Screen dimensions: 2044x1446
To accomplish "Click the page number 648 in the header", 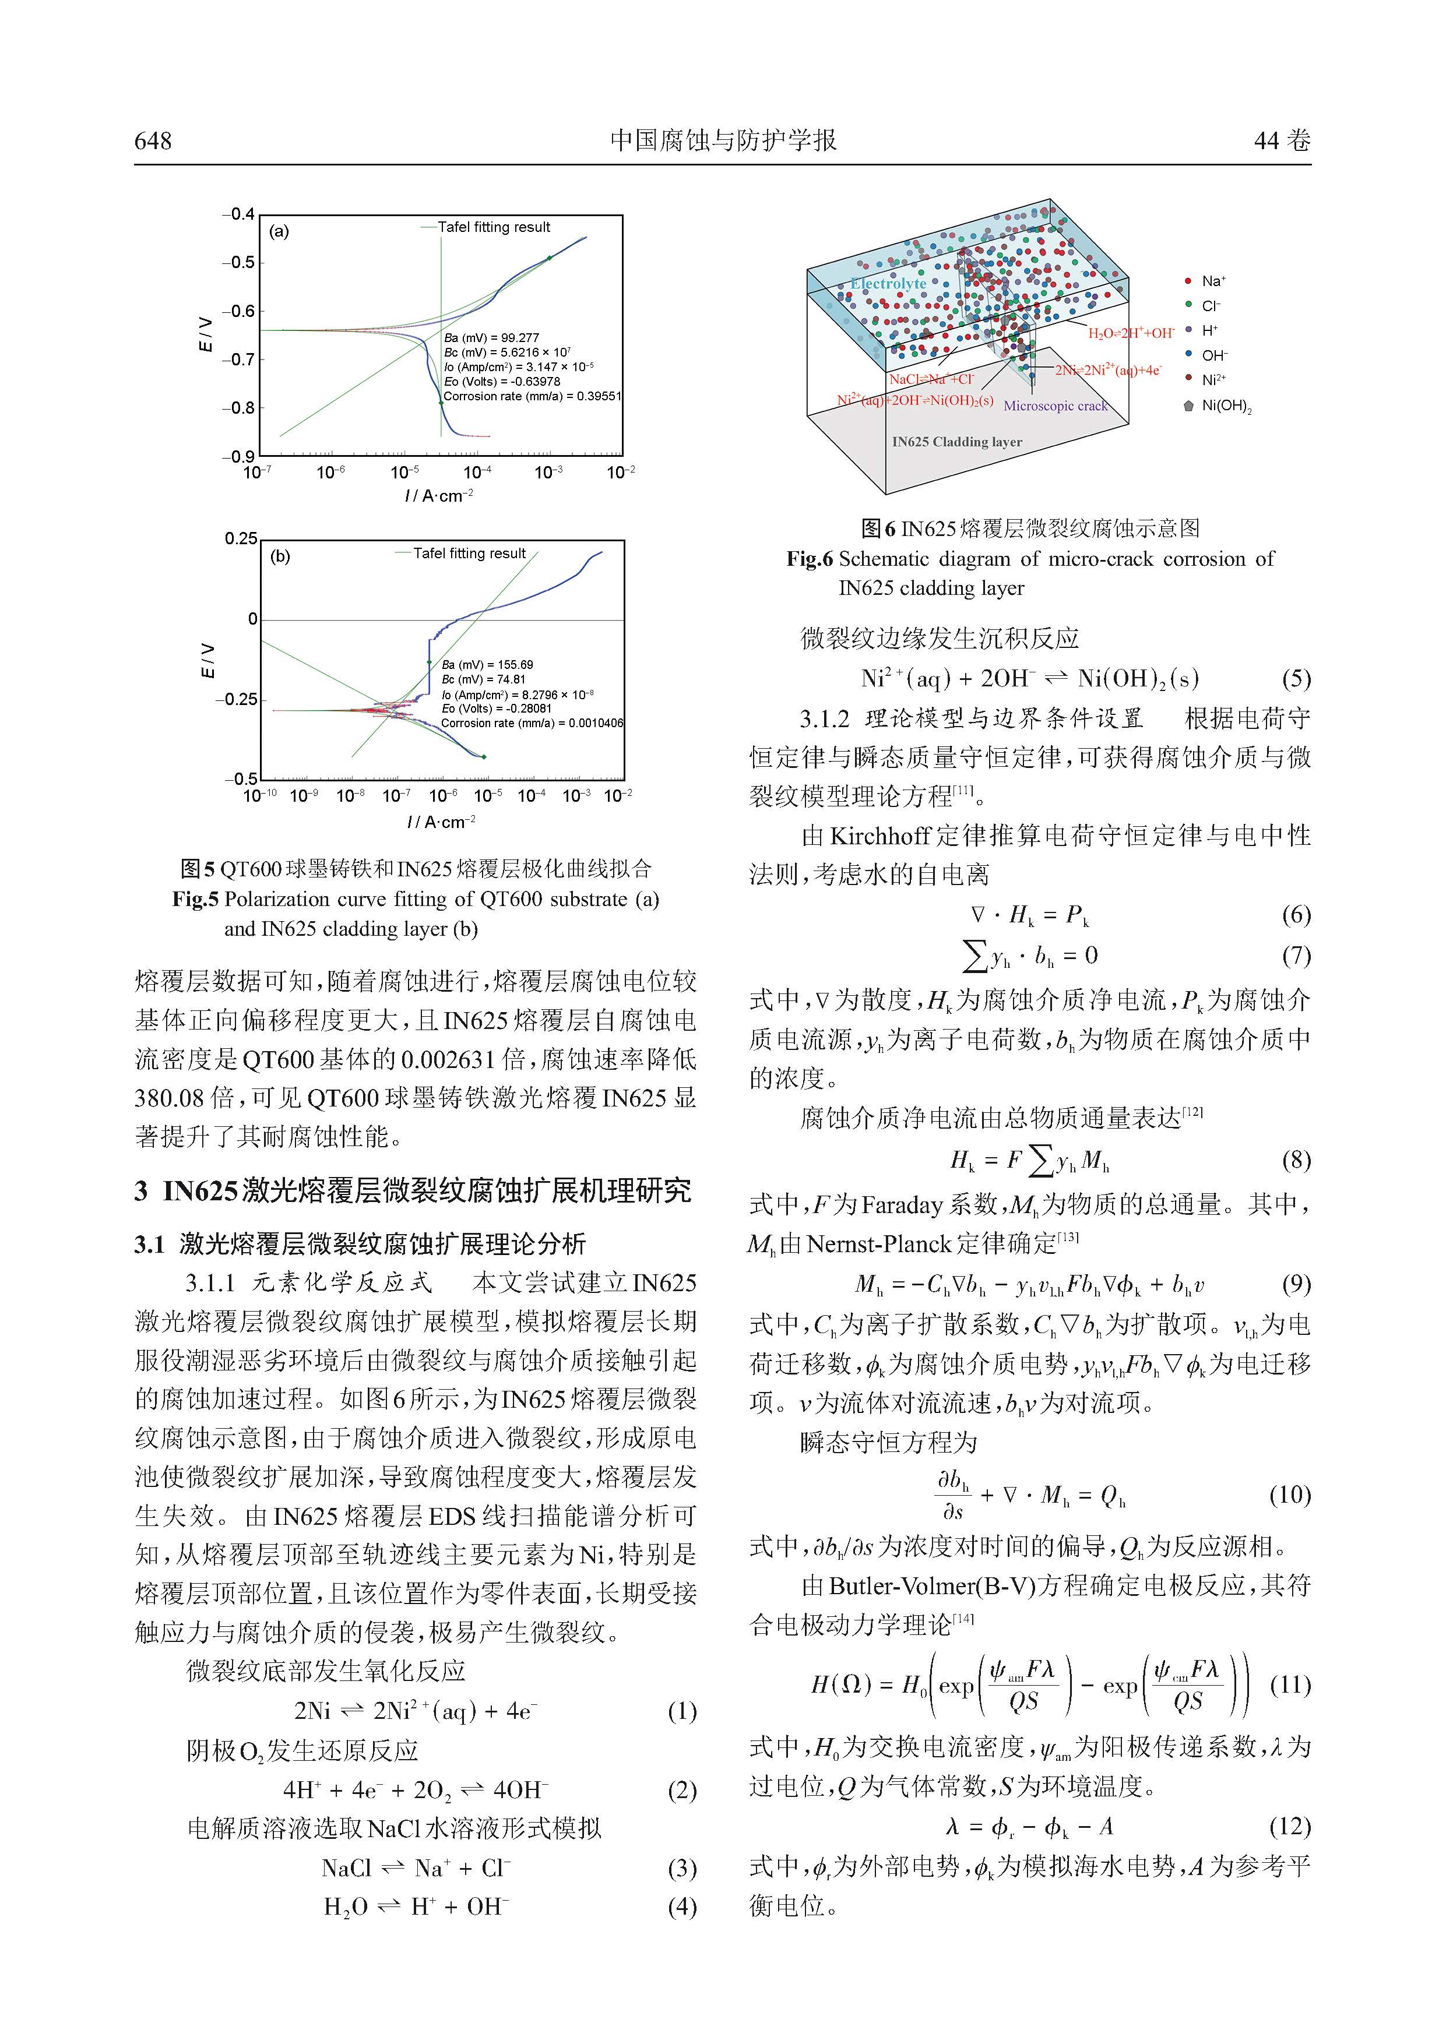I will [x=153, y=140].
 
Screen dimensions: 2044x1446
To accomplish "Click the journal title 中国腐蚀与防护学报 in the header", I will [x=723, y=140].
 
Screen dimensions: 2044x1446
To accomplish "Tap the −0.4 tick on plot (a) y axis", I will [x=238, y=214].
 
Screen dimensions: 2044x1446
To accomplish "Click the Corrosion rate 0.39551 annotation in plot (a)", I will [x=532, y=396].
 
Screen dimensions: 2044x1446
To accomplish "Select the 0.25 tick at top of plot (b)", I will [x=240, y=538].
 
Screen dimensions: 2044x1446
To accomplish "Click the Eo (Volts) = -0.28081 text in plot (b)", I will [x=496, y=709].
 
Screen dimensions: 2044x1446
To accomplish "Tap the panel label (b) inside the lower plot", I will [x=280, y=556].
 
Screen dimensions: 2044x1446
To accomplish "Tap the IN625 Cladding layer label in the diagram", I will [x=956, y=442].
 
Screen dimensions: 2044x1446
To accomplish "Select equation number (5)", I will [x=1296, y=679].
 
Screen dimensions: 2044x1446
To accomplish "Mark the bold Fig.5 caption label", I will [x=195, y=899].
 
